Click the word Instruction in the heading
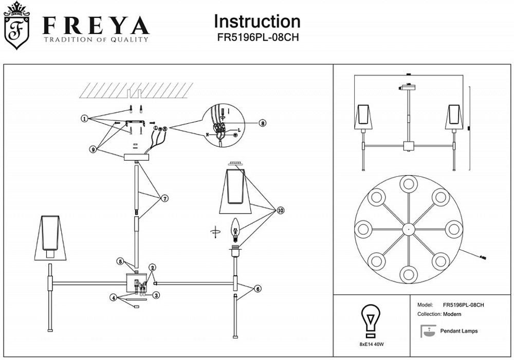point(257,22)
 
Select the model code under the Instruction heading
point(257,37)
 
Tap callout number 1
point(84,118)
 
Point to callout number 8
point(262,123)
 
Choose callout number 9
point(93,149)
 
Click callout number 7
point(164,198)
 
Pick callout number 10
point(280,210)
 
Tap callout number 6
point(258,289)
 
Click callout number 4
point(113,297)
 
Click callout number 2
point(152,268)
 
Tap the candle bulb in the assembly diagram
point(236,230)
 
